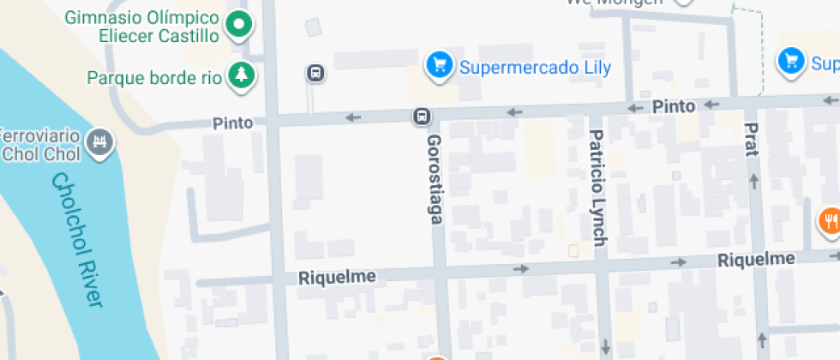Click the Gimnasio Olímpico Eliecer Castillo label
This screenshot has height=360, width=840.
click(141, 26)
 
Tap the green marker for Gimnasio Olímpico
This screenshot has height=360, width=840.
click(240, 25)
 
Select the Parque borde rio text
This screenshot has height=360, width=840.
click(154, 77)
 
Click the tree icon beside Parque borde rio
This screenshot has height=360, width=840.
click(241, 75)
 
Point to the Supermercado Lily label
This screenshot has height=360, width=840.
click(536, 67)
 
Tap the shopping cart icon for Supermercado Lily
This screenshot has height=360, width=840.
click(440, 64)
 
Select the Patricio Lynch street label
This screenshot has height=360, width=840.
click(597, 187)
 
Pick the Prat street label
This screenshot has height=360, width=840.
click(752, 139)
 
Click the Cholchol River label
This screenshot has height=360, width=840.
click(77, 241)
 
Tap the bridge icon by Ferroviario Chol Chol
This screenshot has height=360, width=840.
click(101, 141)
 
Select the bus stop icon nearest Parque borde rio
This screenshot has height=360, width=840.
click(316, 74)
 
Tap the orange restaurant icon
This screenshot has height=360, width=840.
click(829, 221)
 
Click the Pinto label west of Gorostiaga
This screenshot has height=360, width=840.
click(233, 123)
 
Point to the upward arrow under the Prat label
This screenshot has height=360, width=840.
click(755, 181)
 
